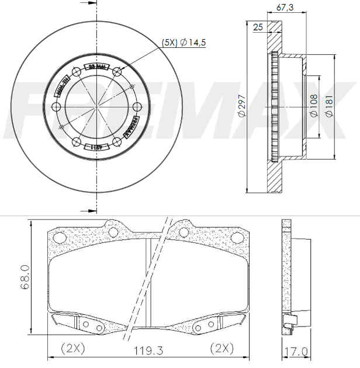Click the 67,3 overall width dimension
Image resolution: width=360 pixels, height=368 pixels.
click(285, 7)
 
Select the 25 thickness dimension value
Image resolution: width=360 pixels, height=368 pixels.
click(258, 27)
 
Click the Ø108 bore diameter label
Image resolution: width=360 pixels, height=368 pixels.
click(313, 106)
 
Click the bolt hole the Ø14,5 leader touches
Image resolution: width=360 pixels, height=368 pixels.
click(117, 72)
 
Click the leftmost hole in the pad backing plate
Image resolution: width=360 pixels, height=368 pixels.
click(58, 238)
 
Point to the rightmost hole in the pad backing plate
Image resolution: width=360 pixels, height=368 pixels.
click(237, 238)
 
